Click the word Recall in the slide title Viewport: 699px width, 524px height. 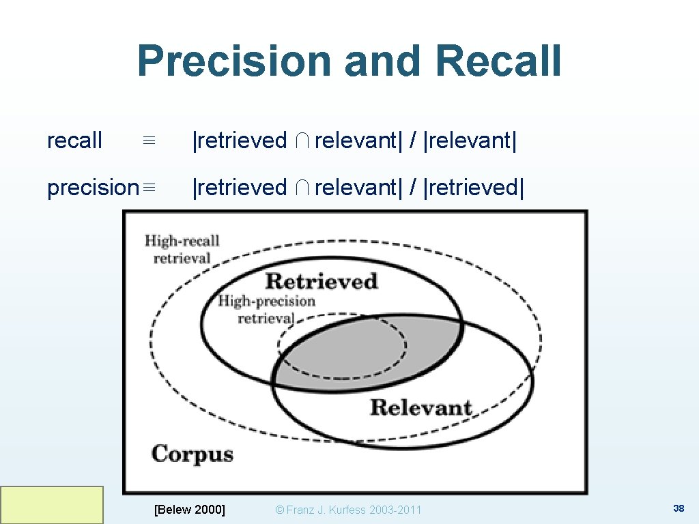(498, 61)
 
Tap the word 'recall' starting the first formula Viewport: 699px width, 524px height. (74, 141)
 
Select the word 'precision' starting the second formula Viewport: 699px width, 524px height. (92, 187)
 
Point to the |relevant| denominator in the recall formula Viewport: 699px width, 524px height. (470, 141)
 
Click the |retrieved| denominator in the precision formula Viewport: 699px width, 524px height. (474, 187)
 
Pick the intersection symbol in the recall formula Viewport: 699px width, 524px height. (301, 141)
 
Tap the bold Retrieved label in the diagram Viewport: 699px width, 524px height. (321, 281)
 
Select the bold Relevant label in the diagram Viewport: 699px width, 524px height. (421, 408)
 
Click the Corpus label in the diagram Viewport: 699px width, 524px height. (192, 454)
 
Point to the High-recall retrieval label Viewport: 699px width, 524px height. (182, 249)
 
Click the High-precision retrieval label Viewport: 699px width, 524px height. (266, 309)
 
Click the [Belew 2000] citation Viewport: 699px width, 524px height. (190, 509)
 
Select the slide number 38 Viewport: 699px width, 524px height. (679, 508)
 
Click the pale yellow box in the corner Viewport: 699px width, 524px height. (52, 505)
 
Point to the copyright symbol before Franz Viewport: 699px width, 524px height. (279, 510)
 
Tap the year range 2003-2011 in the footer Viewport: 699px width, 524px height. (395, 510)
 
